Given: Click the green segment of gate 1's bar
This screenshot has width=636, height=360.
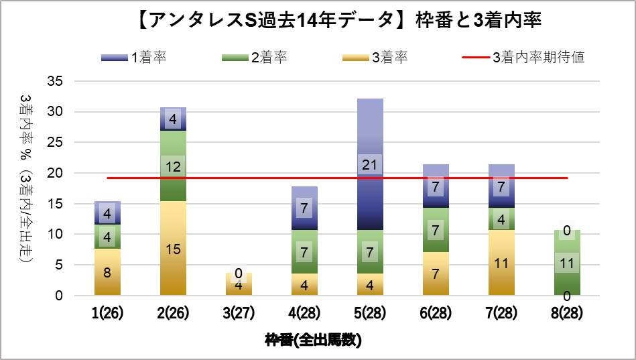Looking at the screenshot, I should pos(107,237).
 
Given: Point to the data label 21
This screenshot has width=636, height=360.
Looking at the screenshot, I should pos(370,165).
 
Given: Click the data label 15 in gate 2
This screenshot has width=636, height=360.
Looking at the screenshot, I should pos(173,249).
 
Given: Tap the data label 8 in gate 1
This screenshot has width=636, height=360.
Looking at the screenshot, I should pos(107,273).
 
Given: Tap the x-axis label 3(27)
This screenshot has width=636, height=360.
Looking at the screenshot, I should pos(239,313).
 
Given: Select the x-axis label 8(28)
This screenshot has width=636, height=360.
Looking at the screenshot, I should pos(567,313).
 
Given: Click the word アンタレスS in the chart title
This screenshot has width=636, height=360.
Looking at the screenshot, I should pos(202,20).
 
